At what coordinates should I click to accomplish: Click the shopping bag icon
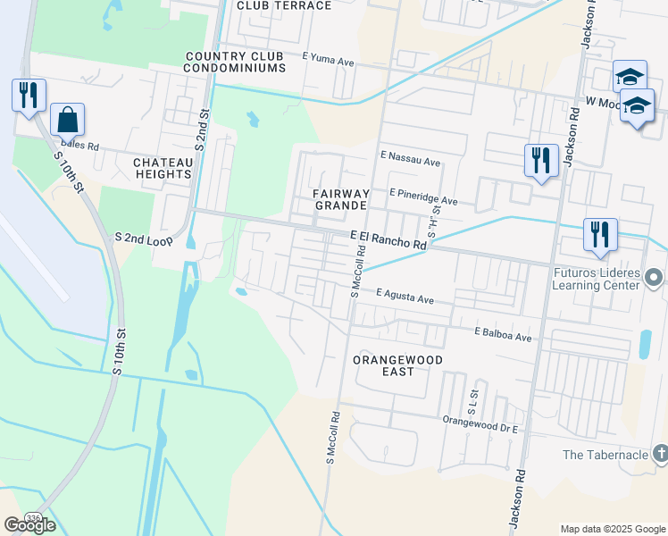(x=68, y=118)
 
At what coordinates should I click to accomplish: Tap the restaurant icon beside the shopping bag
(x=28, y=95)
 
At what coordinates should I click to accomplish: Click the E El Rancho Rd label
(x=388, y=239)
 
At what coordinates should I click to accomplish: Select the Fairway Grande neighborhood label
(x=340, y=198)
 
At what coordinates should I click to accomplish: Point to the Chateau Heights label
(x=163, y=168)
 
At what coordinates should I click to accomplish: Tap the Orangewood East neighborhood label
(x=397, y=364)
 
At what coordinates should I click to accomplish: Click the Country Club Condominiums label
(x=235, y=62)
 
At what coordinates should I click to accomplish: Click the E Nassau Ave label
(x=410, y=162)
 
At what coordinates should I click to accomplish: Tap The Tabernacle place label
(x=605, y=455)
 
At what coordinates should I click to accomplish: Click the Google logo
(x=29, y=524)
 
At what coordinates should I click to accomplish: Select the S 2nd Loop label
(x=144, y=239)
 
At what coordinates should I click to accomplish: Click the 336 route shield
(x=33, y=517)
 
